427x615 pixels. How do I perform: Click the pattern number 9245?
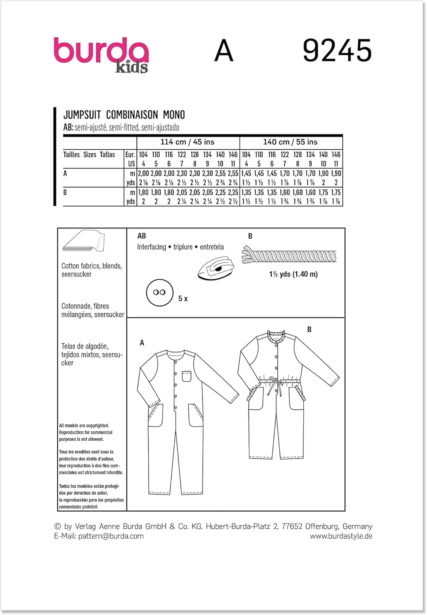click(x=337, y=51)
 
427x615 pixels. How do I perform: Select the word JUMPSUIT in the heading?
click(x=82, y=115)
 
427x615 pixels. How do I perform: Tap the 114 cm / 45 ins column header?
click(x=187, y=142)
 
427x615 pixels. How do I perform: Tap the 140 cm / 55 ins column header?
click(x=290, y=142)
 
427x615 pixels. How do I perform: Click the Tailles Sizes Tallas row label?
click(x=89, y=155)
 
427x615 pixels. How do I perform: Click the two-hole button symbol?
click(x=159, y=292)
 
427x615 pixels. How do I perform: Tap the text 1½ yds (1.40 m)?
click(x=293, y=274)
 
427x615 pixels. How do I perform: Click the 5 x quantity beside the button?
click(x=183, y=299)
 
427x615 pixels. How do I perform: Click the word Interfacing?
click(x=151, y=247)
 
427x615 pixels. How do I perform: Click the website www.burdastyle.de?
click(x=341, y=536)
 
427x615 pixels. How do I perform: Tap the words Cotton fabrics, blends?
click(x=91, y=266)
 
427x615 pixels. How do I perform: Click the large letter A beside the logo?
click(x=224, y=51)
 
